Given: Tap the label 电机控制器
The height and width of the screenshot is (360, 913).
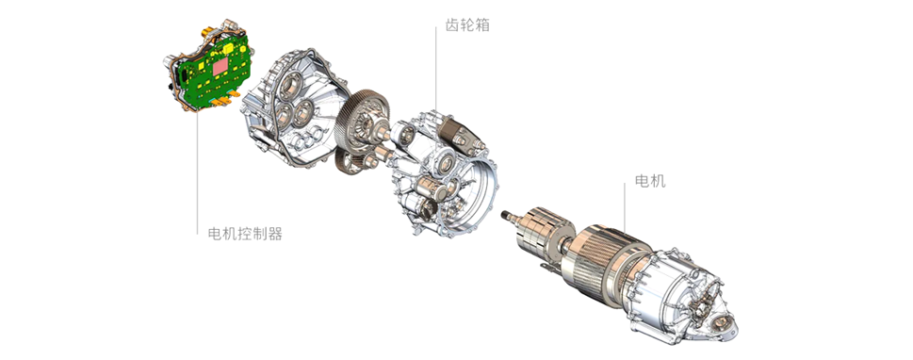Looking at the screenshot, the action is (x=245, y=234).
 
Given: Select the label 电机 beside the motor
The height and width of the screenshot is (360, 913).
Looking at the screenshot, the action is (x=650, y=181).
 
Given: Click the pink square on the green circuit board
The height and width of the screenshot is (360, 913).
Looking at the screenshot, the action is (x=220, y=68).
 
